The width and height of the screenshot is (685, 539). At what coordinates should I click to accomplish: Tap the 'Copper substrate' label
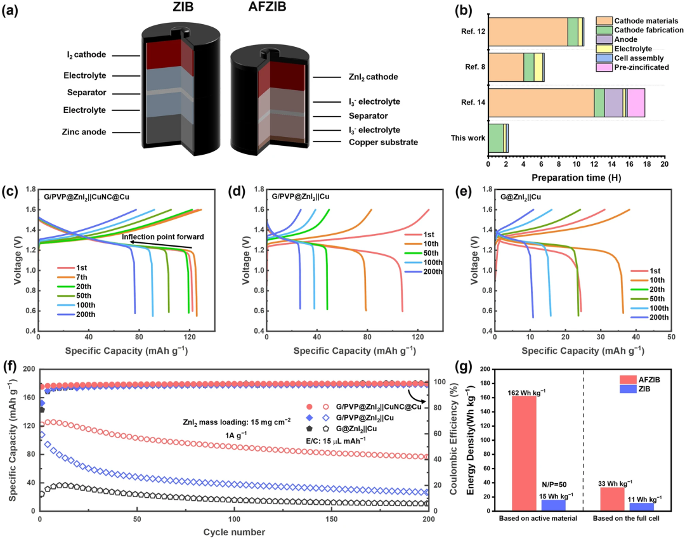383,142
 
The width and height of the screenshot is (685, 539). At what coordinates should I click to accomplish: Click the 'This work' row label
468,138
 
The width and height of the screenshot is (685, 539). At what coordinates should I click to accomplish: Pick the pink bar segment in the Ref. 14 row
636,103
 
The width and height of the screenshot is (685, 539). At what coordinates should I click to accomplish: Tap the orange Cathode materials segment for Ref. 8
506,67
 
